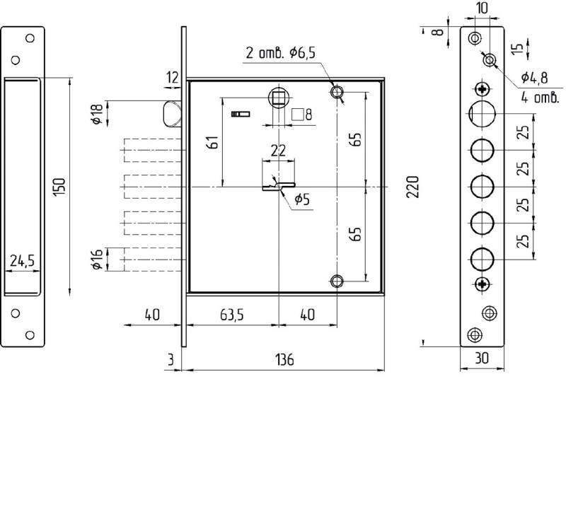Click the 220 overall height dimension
[412, 187]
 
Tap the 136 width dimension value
[284, 360]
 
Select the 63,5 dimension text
[232, 315]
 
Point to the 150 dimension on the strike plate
[59, 187]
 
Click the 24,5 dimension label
[23, 260]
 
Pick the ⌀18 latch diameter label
[98, 114]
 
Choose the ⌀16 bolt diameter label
[98, 259]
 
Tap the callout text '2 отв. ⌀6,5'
[280, 52]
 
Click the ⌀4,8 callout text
[534, 77]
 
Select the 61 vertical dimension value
[214, 142]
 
